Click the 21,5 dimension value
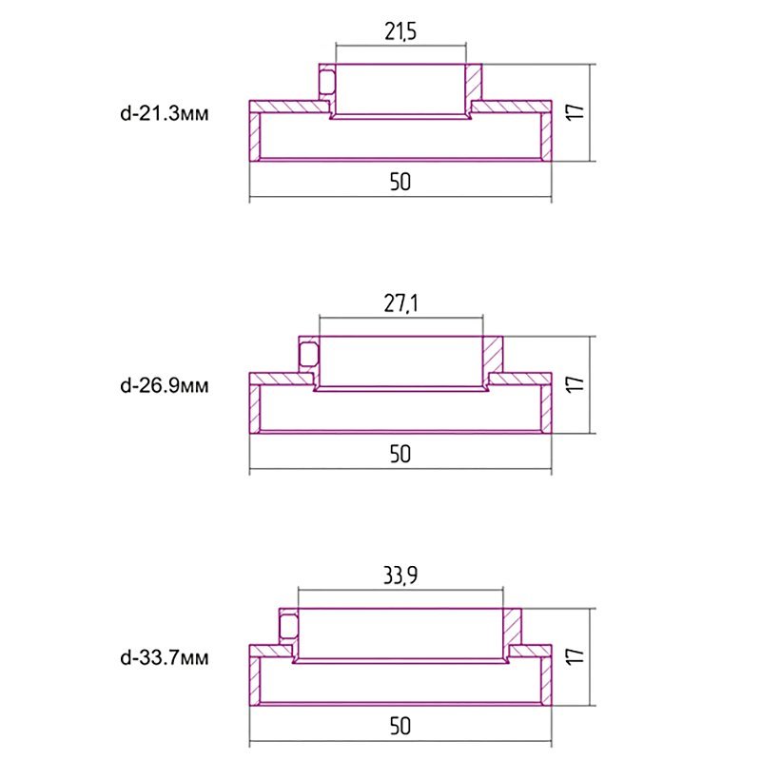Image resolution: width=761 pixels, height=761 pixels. [x=400, y=32]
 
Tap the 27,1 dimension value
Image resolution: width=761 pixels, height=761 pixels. [x=400, y=303]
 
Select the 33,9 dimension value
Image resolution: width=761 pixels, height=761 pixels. [x=400, y=576]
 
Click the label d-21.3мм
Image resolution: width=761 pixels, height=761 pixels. [x=165, y=113]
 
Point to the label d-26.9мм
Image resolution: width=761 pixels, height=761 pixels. [x=165, y=386]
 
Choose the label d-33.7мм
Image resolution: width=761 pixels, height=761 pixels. [x=165, y=658]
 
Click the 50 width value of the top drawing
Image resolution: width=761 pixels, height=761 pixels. [x=400, y=182]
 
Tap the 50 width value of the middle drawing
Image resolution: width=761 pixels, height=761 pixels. [x=400, y=455]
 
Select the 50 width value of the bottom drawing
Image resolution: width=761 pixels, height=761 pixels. [x=400, y=727]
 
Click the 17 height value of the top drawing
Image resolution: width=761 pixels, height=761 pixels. [x=576, y=112]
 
